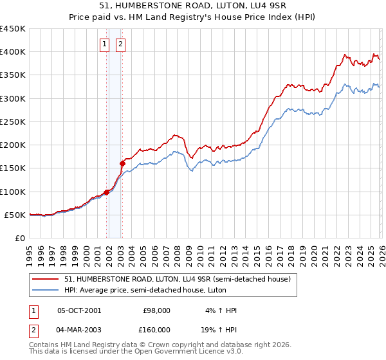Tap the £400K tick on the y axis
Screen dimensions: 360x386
(x=13, y=52)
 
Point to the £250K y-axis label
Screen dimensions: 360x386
(x=13, y=122)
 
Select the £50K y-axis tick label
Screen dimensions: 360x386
(x=15, y=215)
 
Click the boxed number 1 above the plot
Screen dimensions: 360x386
(x=104, y=44)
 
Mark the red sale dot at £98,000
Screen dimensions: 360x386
(x=106, y=192)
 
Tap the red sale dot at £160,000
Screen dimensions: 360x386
(x=122, y=163)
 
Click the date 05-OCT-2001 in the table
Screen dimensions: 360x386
(x=79, y=310)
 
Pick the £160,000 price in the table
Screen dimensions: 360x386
(x=156, y=330)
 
